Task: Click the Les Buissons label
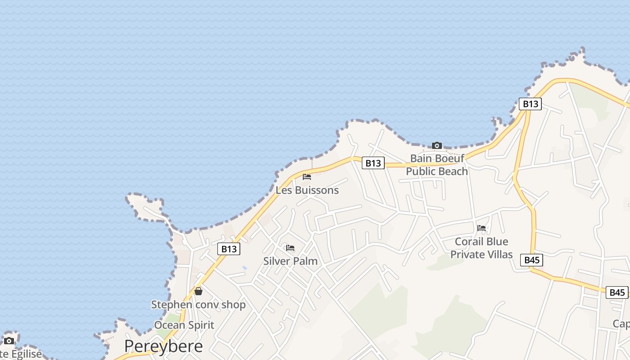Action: point(307,190)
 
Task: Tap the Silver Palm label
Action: point(290,261)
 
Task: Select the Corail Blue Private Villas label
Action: point(481,248)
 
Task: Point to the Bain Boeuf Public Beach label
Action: point(437,165)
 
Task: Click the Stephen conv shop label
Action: point(198,305)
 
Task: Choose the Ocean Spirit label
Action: point(184,325)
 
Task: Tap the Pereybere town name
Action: point(163,346)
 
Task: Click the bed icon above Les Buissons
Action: point(307,177)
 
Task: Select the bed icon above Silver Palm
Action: point(290,248)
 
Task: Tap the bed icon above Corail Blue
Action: point(481,228)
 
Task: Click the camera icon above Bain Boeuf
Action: point(436,145)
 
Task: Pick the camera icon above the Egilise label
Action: point(9,341)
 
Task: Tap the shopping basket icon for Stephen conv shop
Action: point(198,291)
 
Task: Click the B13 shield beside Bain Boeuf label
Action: point(373,163)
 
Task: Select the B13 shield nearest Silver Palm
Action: point(229,249)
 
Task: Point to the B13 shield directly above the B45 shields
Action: point(530,104)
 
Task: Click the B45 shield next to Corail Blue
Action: point(532,260)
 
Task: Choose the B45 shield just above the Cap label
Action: point(617,292)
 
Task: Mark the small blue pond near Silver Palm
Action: point(244,268)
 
